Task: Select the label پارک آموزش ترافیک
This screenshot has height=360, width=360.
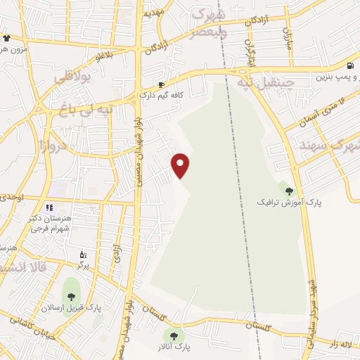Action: pos(289,202)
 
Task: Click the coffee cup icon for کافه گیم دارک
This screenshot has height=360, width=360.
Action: pos(161,84)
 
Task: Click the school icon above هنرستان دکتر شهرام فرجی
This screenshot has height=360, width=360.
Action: pos(49,207)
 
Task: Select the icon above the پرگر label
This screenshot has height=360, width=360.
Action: pos(82,255)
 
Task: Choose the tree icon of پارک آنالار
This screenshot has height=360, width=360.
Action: pos(174,335)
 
